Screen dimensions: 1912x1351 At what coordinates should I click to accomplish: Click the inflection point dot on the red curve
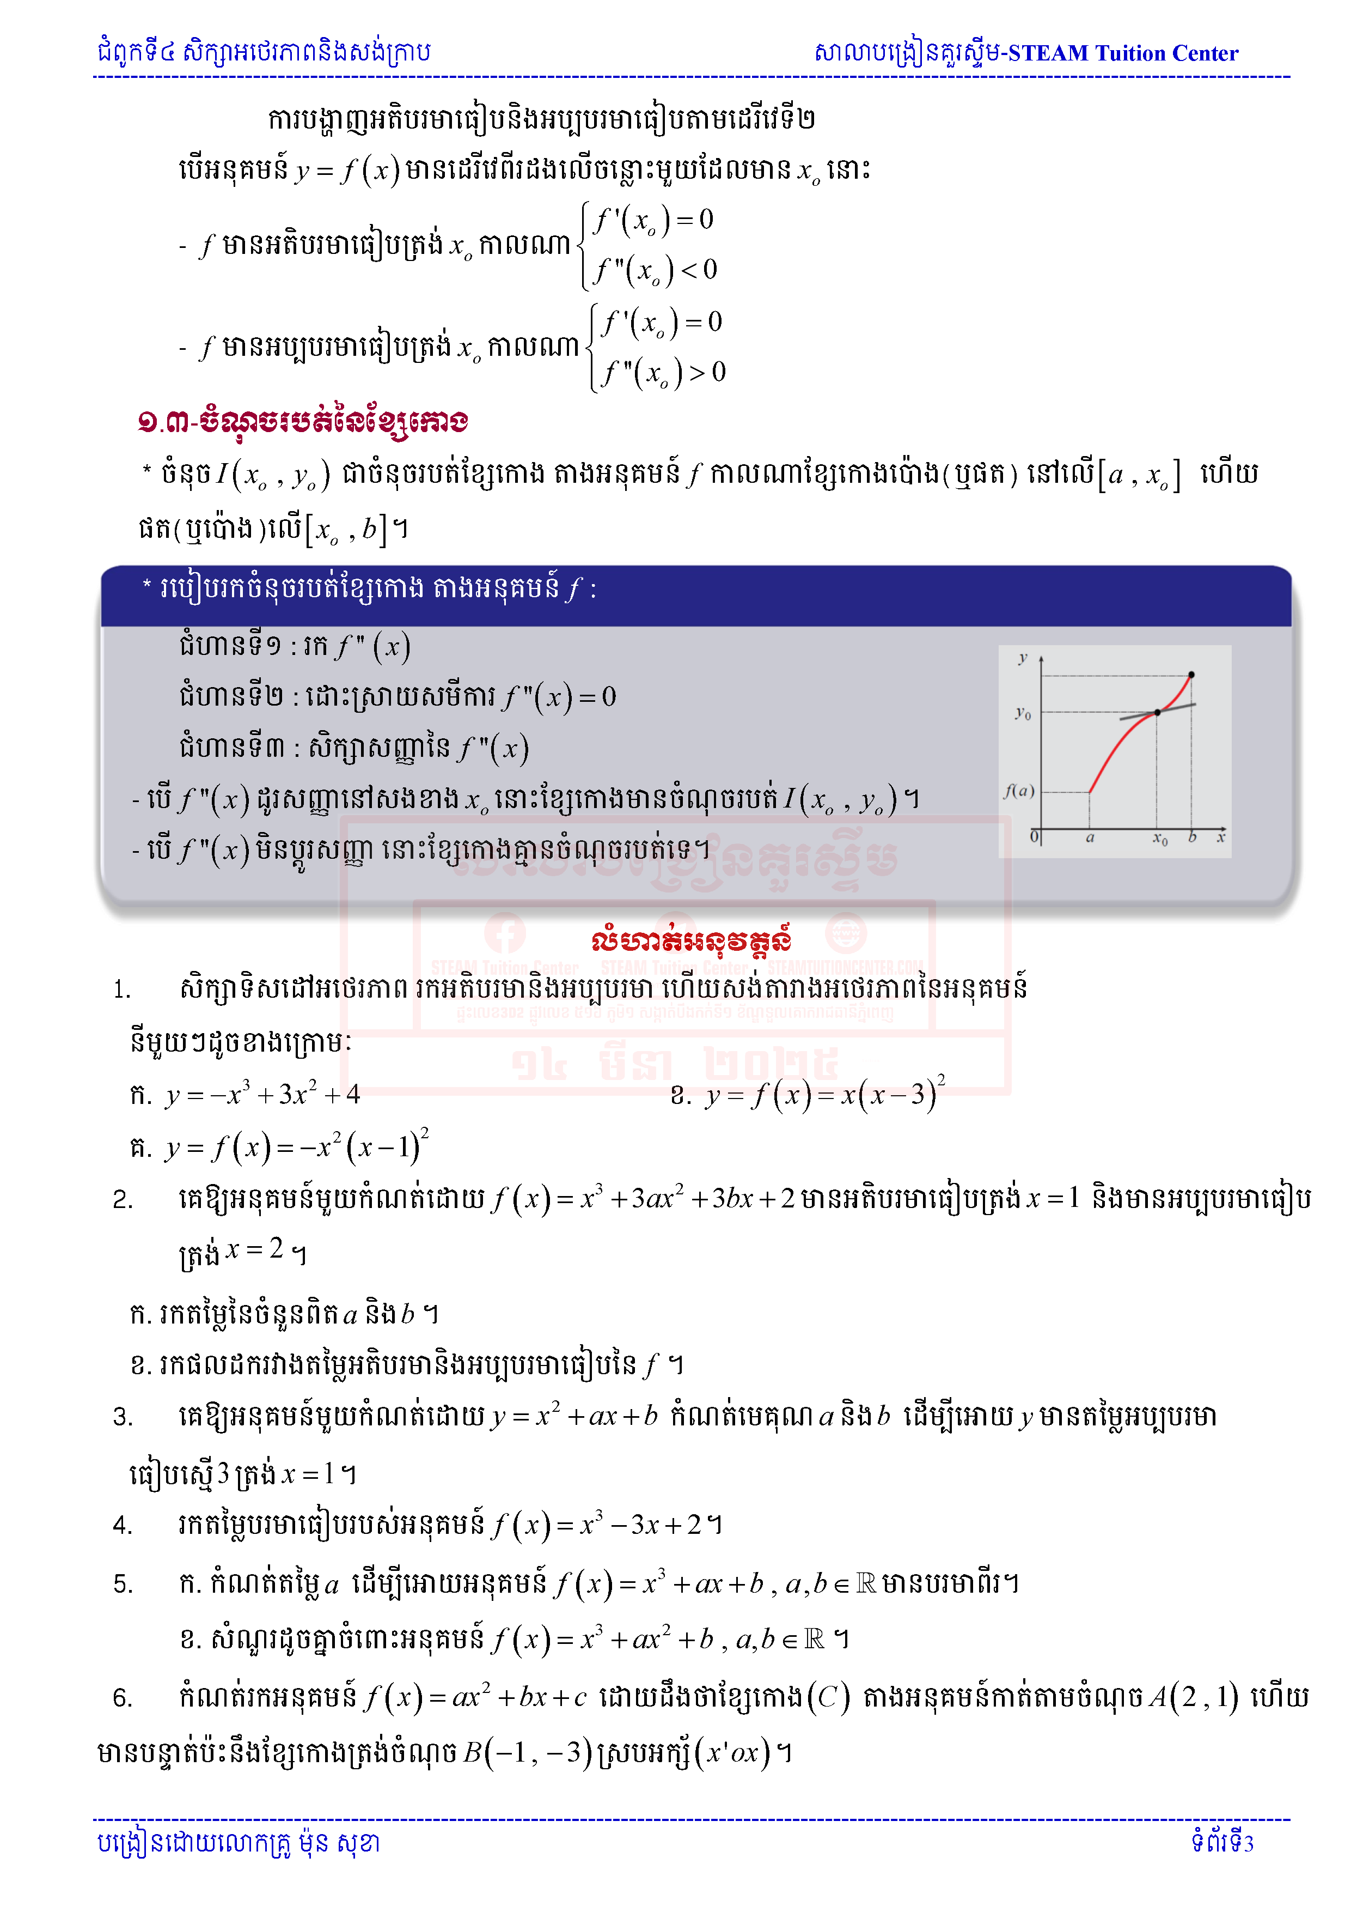[x=1157, y=713]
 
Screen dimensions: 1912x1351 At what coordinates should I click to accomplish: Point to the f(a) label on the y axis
[x=1019, y=790]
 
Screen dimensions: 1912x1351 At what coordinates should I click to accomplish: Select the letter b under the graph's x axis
[x=1192, y=837]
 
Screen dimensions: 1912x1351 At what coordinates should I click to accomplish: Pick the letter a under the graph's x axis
[x=1090, y=837]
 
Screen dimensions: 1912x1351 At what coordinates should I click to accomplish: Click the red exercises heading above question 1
[x=691, y=941]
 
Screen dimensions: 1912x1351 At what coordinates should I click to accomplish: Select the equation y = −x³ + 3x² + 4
[x=262, y=1094]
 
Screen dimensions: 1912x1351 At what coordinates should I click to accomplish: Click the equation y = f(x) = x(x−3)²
[x=824, y=1094]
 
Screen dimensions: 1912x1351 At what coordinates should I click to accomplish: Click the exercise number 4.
[x=123, y=1526]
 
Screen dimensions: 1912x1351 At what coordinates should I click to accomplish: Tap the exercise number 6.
[x=123, y=1698]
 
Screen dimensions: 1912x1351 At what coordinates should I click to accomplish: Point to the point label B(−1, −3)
[x=527, y=1752]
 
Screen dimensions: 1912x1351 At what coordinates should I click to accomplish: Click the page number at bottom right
[x=1222, y=1842]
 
